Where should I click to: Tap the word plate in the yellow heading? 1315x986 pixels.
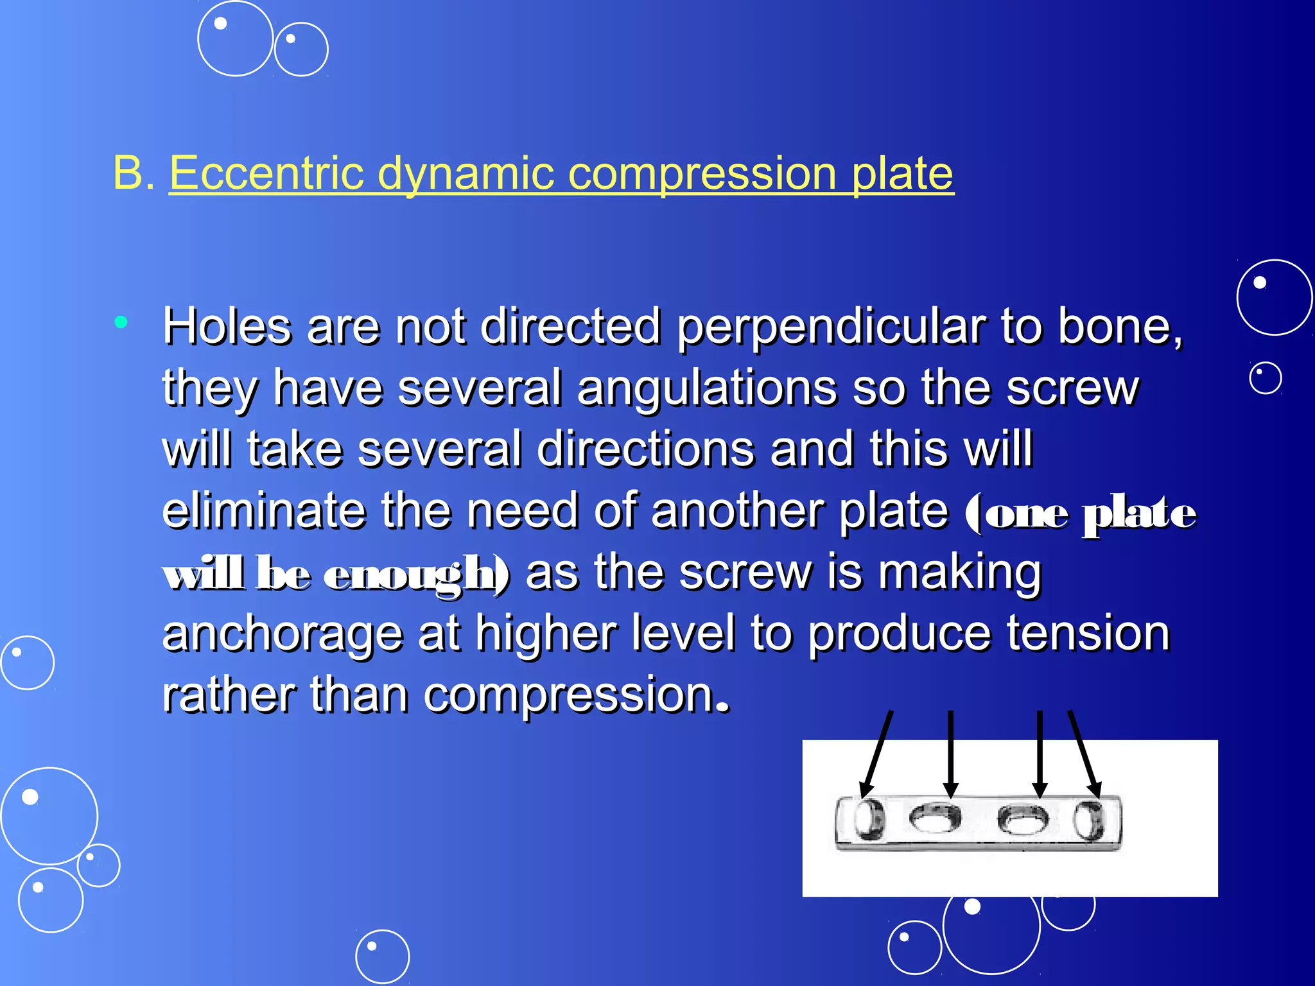tap(902, 175)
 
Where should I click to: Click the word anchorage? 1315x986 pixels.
tap(283, 634)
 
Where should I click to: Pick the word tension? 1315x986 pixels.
tap(1088, 634)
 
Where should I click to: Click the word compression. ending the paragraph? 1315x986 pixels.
tap(577, 696)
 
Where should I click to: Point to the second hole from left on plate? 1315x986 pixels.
tap(935, 818)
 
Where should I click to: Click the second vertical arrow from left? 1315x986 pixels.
tap(951, 754)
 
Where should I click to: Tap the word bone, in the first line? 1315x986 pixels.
tap(1120, 327)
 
